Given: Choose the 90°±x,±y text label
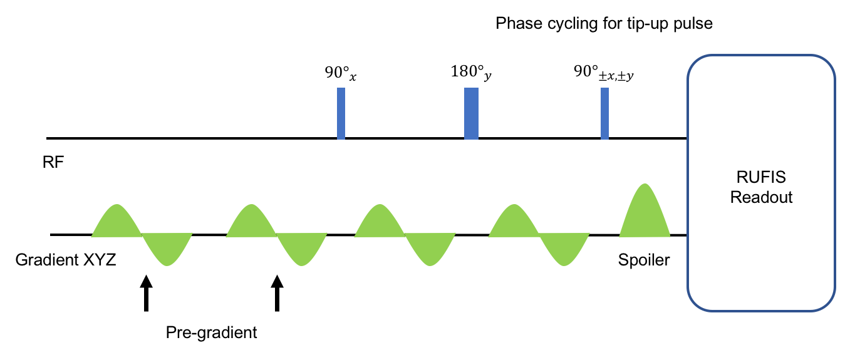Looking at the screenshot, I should [x=604, y=72].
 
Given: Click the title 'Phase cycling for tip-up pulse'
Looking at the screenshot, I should [x=604, y=24].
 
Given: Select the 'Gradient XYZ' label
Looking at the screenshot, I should [x=66, y=259].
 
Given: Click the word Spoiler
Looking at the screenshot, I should [x=644, y=259].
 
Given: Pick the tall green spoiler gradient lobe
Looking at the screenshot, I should [x=645, y=216].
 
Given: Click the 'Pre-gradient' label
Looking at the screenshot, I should [x=212, y=332].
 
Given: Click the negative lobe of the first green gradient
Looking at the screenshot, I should [x=167, y=248].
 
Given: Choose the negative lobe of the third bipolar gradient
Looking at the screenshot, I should [x=430, y=248].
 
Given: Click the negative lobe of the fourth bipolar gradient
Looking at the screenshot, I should [x=564, y=248].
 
